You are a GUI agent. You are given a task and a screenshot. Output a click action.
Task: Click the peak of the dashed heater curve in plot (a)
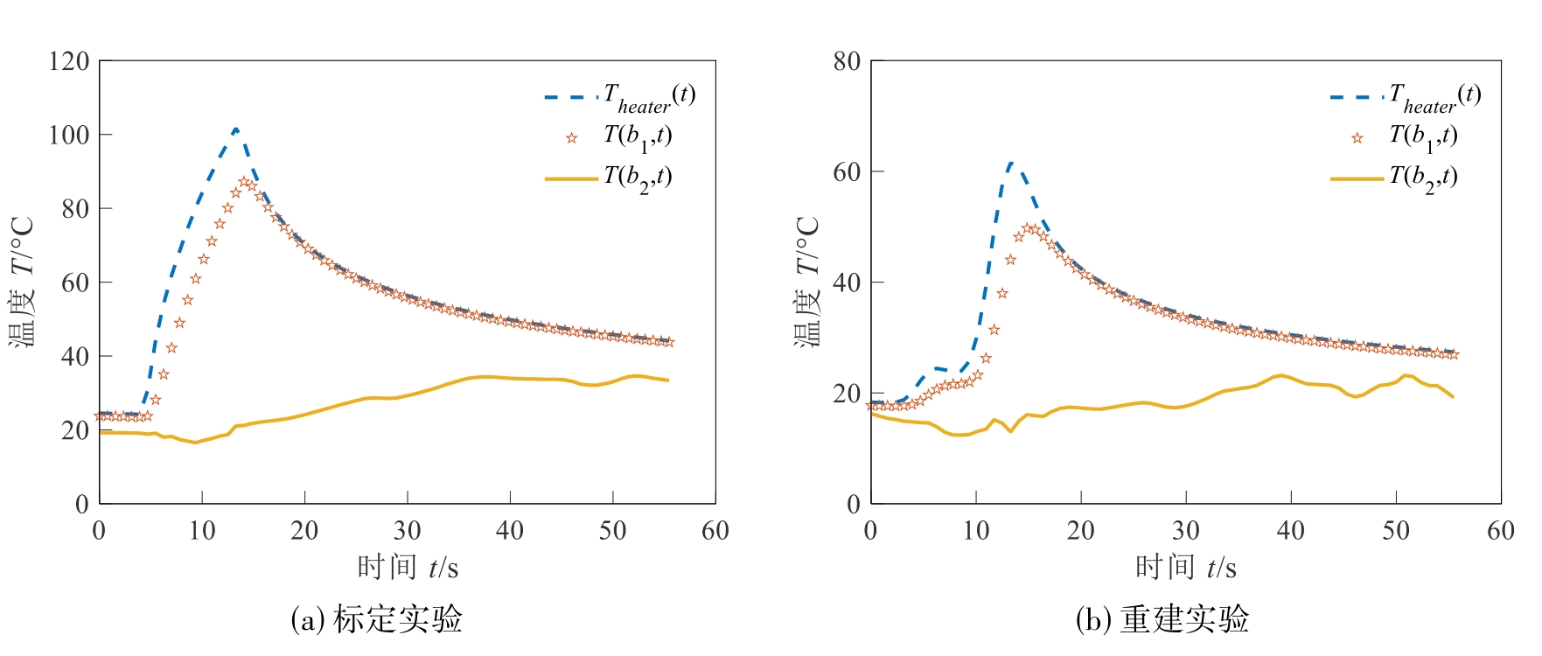pyautogui.click(x=235, y=129)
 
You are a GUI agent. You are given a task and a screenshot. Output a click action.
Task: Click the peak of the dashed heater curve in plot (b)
pyautogui.click(x=1011, y=163)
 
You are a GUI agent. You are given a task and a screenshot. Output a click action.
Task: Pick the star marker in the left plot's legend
pyautogui.click(x=571, y=137)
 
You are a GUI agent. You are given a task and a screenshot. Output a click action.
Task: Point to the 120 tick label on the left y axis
pyautogui.click(x=69, y=61)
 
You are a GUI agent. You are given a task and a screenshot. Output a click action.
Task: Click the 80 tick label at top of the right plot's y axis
pyautogui.click(x=847, y=61)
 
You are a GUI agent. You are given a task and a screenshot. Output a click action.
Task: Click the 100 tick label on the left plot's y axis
pyautogui.click(x=69, y=135)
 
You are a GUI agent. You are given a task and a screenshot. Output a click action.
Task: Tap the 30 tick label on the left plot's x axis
pyautogui.click(x=407, y=530)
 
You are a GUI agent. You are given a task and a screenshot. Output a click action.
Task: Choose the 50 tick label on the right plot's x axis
pyautogui.click(x=1396, y=530)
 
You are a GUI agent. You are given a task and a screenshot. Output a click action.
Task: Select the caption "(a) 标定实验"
pyautogui.click(x=376, y=619)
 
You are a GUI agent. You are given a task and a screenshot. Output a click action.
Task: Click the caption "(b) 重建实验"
pyautogui.click(x=1162, y=619)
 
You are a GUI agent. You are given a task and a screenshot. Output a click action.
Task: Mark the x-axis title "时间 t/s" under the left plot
pyautogui.click(x=407, y=568)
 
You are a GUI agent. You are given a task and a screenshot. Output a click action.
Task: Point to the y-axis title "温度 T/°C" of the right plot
pyautogui.click(x=806, y=282)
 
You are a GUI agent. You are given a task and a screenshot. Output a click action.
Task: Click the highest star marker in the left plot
pyautogui.click(x=244, y=182)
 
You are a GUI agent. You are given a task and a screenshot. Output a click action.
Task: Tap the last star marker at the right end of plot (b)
pyautogui.click(x=1453, y=354)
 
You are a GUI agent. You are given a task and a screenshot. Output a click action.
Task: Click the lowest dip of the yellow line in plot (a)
pyautogui.click(x=196, y=443)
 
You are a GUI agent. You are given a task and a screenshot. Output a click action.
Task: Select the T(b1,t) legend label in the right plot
pyautogui.click(x=1423, y=136)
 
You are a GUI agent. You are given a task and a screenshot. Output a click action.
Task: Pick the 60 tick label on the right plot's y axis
pyautogui.click(x=847, y=172)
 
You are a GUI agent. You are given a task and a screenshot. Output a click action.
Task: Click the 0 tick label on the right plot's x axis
pyautogui.click(x=870, y=530)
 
